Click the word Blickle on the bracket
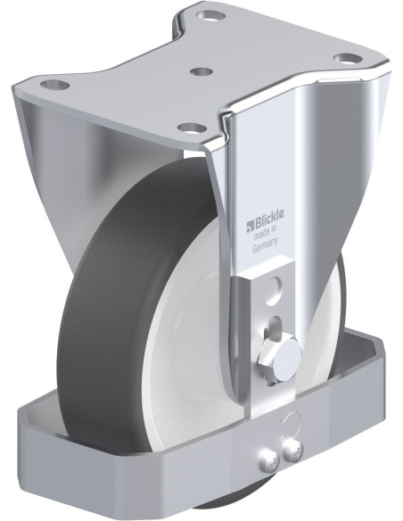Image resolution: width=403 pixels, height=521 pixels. pos(269,220)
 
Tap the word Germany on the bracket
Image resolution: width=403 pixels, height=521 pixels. pos(265,245)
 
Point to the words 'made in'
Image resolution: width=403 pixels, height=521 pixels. pos(265,233)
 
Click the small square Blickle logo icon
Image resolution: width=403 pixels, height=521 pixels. pos(250,227)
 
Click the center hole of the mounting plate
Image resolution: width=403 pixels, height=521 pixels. pos(202,71)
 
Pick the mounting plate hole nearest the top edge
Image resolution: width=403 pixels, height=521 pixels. pos(210,15)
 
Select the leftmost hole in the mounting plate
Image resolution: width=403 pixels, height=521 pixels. pos(55,85)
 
